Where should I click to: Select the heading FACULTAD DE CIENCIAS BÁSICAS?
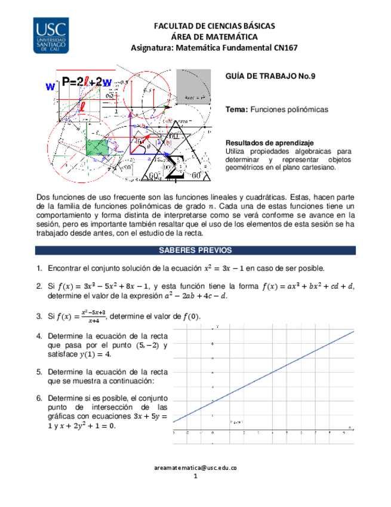coord(214,26)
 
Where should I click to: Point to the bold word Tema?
coord(237,110)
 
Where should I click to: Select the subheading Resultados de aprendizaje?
coord(269,143)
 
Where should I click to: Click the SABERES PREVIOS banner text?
coord(195,251)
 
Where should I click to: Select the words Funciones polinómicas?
coord(289,110)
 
